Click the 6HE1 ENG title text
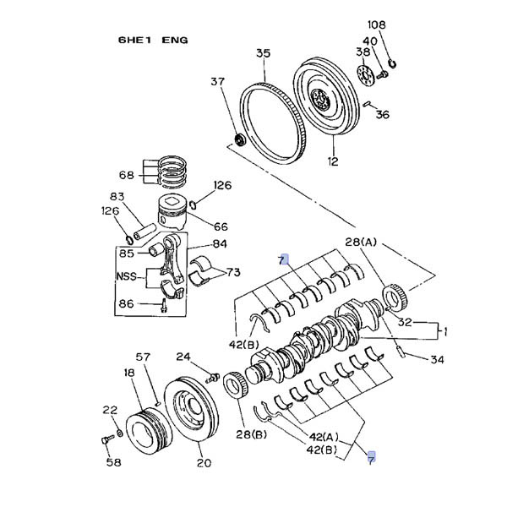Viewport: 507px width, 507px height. click(x=153, y=40)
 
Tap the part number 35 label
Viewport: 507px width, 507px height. click(x=263, y=53)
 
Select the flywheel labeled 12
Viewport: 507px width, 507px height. click(x=326, y=96)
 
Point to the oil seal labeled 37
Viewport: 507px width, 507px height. click(x=240, y=139)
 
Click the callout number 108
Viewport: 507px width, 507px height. click(x=377, y=25)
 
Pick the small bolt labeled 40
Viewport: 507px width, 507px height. click(x=383, y=74)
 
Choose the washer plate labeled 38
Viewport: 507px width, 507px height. click(x=366, y=76)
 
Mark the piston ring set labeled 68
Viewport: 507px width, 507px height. click(x=172, y=172)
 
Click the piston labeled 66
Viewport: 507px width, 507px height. click(x=172, y=212)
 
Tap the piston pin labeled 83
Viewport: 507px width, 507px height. click(x=145, y=232)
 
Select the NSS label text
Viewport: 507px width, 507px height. click(x=127, y=276)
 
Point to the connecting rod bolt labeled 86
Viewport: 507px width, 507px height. click(x=164, y=305)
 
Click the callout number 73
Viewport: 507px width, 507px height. click(x=233, y=273)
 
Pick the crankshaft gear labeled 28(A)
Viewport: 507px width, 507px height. click(x=395, y=296)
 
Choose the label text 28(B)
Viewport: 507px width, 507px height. click(x=251, y=434)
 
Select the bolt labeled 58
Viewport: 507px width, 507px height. click(x=107, y=439)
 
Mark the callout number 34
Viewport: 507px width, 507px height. click(x=437, y=359)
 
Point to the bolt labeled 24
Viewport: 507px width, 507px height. click(x=213, y=378)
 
